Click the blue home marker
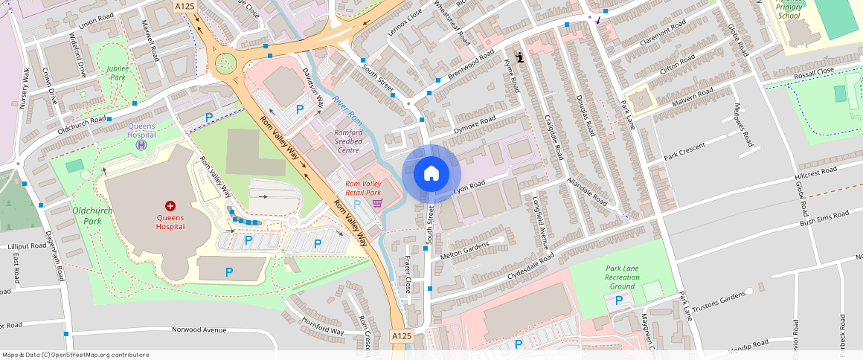pyautogui.click(x=431, y=174)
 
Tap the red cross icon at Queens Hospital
pyautogui.click(x=170, y=205)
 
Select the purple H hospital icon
pyautogui.click(x=141, y=144)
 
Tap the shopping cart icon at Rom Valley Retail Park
pyautogui.click(x=377, y=202)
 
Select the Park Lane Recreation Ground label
pyautogui.click(x=622, y=277)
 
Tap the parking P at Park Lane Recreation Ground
pyautogui.click(x=619, y=300)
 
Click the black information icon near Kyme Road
pyautogui.click(x=519, y=57)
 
